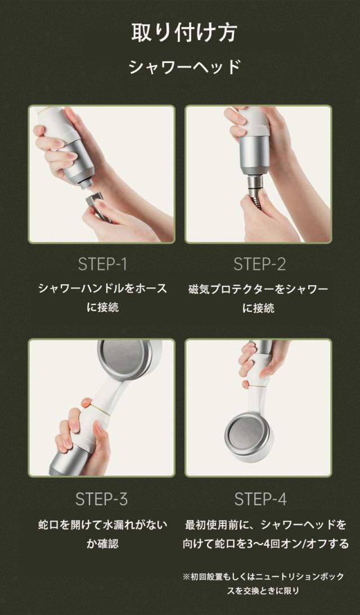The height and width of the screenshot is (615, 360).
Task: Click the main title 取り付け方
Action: click(x=183, y=33)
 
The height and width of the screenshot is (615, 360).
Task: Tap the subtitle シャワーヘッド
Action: click(x=184, y=67)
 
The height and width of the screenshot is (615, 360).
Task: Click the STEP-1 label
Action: click(x=102, y=264)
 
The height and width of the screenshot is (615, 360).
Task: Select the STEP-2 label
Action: click(x=260, y=264)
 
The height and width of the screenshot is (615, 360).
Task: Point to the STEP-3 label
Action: click(x=102, y=499)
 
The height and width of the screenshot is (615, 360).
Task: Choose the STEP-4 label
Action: click(x=260, y=499)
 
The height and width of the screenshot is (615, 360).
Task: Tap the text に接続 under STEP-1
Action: click(x=102, y=307)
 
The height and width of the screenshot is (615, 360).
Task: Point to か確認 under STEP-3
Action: click(x=102, y=544)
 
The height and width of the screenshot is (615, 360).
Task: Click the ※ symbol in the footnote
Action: click(x=186, y=577)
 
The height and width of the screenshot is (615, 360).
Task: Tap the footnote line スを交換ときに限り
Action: click(x=263, y=590)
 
